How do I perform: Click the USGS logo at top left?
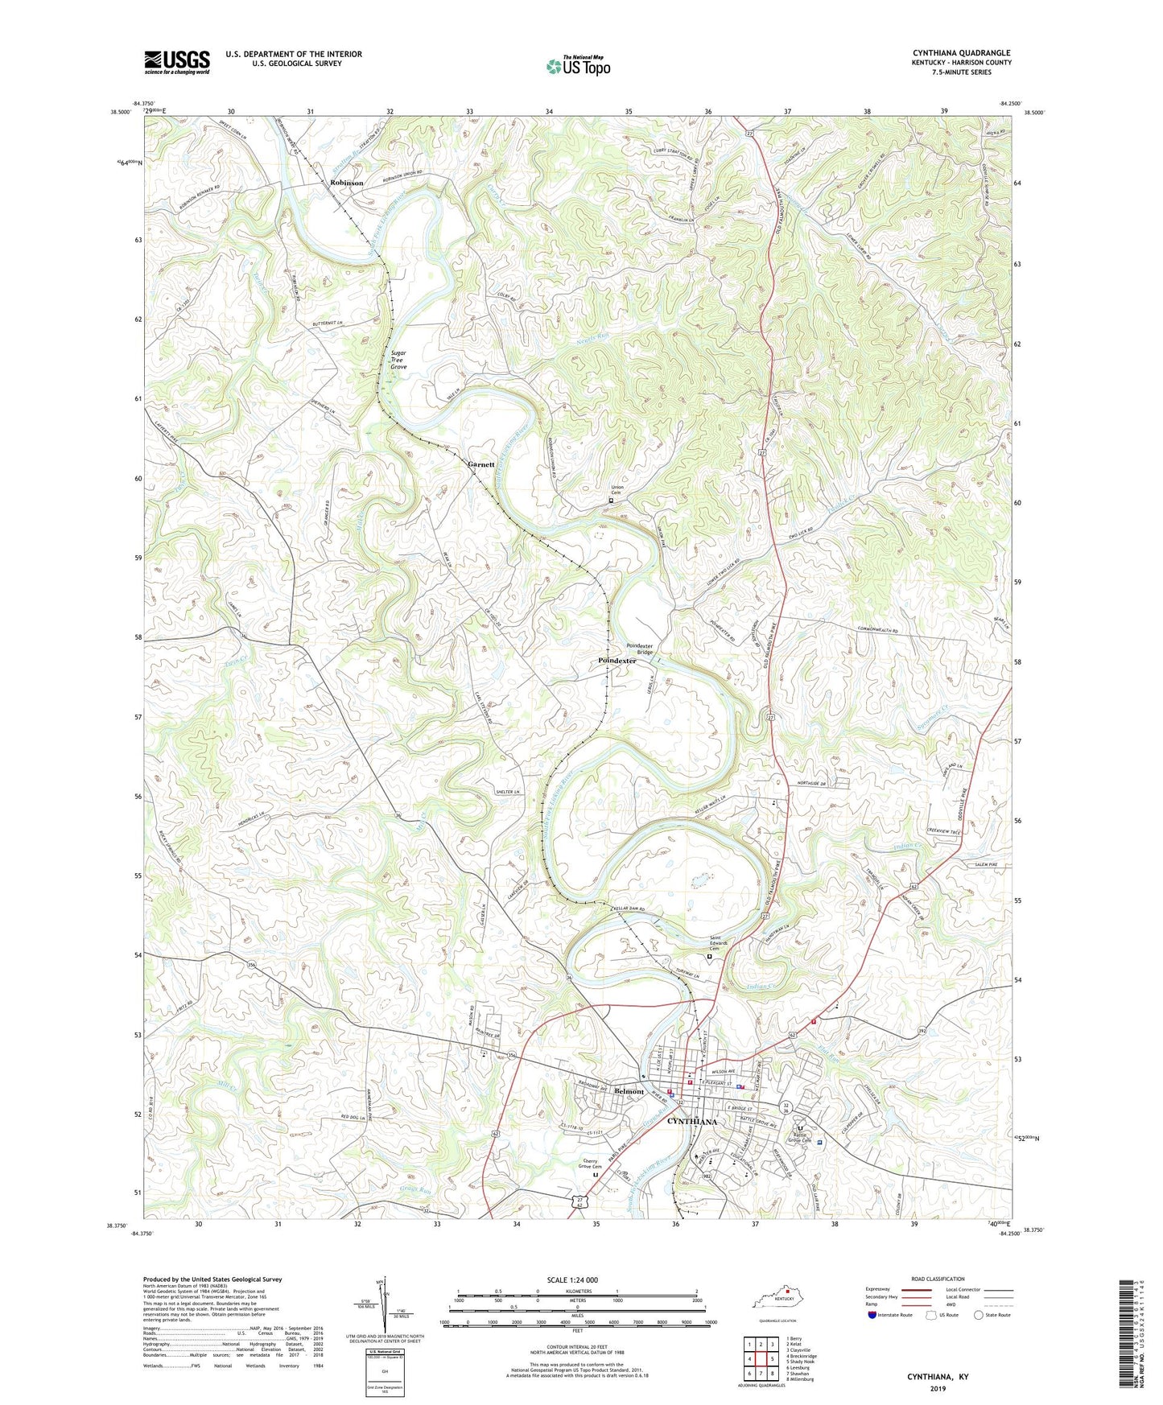coord(177,62)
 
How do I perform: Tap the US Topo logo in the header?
coord(578,66)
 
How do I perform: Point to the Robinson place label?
coord(346,183)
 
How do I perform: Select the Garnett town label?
coord(480,464)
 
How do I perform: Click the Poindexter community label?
coord(617,661)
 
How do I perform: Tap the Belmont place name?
coord(629,1091)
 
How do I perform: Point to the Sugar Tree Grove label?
coord(398,360)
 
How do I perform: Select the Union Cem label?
coord(617,490)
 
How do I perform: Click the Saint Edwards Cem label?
coord(719,945)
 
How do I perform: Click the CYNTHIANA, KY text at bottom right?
coord(938,1377)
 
